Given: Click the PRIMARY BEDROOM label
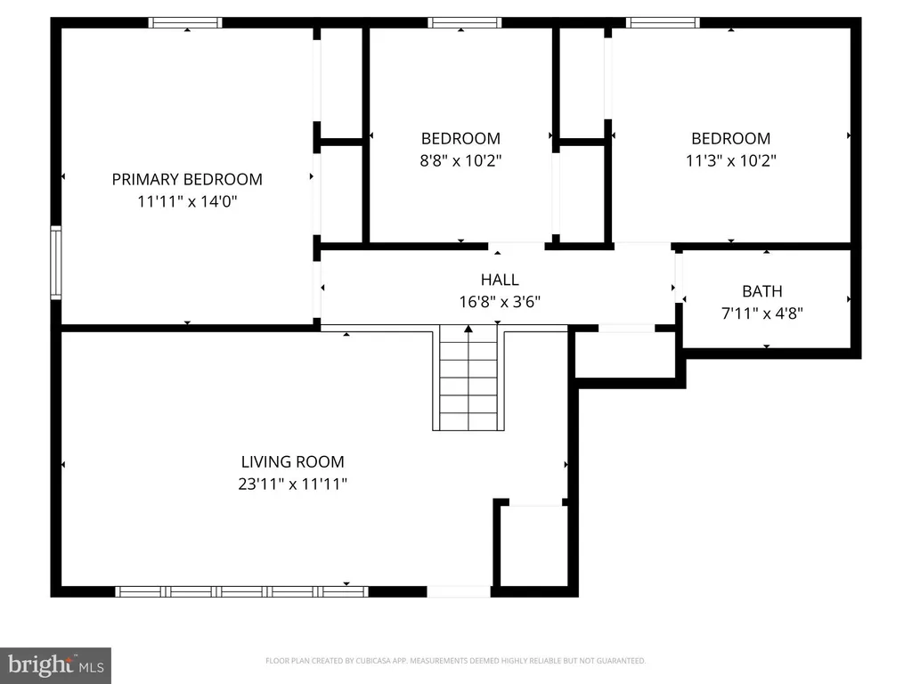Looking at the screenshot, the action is pyautogui.click(x=187, y=179).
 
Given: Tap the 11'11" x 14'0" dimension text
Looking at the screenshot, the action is pyautogui.click(x=187, y=201).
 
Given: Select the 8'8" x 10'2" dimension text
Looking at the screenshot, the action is pyautogui.click(x=460, y=160).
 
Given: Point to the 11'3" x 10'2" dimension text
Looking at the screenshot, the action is pyautogui.click(x=731, y=160).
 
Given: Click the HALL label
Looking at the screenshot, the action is pyautogui.click(x=500, y=280).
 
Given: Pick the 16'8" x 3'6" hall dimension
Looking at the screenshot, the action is pyautogui.click(x=500, y=302).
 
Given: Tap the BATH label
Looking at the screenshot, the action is pyautogui.click(x=762, y=291).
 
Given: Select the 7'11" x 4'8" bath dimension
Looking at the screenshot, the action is pyautogui.click(x=762, y=313).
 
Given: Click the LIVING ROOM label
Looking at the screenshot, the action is pyautogui.click(x=292, y=462).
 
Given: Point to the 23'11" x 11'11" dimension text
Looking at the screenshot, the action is pyautogui.click(x=292, y=484).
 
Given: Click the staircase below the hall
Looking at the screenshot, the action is pyautogui.click(x=468, y=378).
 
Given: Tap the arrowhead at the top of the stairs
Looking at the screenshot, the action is pyautogui.click(x=468, y=330).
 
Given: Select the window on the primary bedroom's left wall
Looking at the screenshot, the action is pyautogui.click(x=56, y=263).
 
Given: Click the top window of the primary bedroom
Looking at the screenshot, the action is pyautogui.click(x=185, y=22).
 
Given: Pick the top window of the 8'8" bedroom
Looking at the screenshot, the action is pyautogui.click(x=465, y=22).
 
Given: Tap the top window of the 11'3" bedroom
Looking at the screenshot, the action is pyautogui.click(x=663, y=22).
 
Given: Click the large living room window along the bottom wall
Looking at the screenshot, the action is pyautogui.click(x=242, y=591).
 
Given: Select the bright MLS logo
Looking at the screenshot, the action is pyautogui.click(x=56, y=665).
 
